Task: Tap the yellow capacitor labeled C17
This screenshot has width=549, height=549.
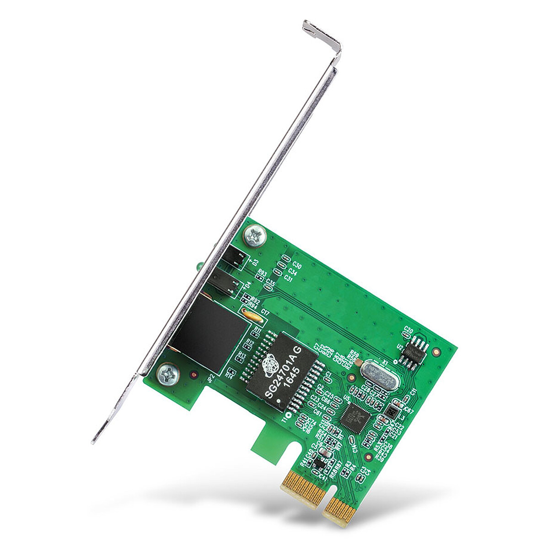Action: pos(250,313)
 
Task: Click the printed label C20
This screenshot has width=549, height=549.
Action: pos(409,330)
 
